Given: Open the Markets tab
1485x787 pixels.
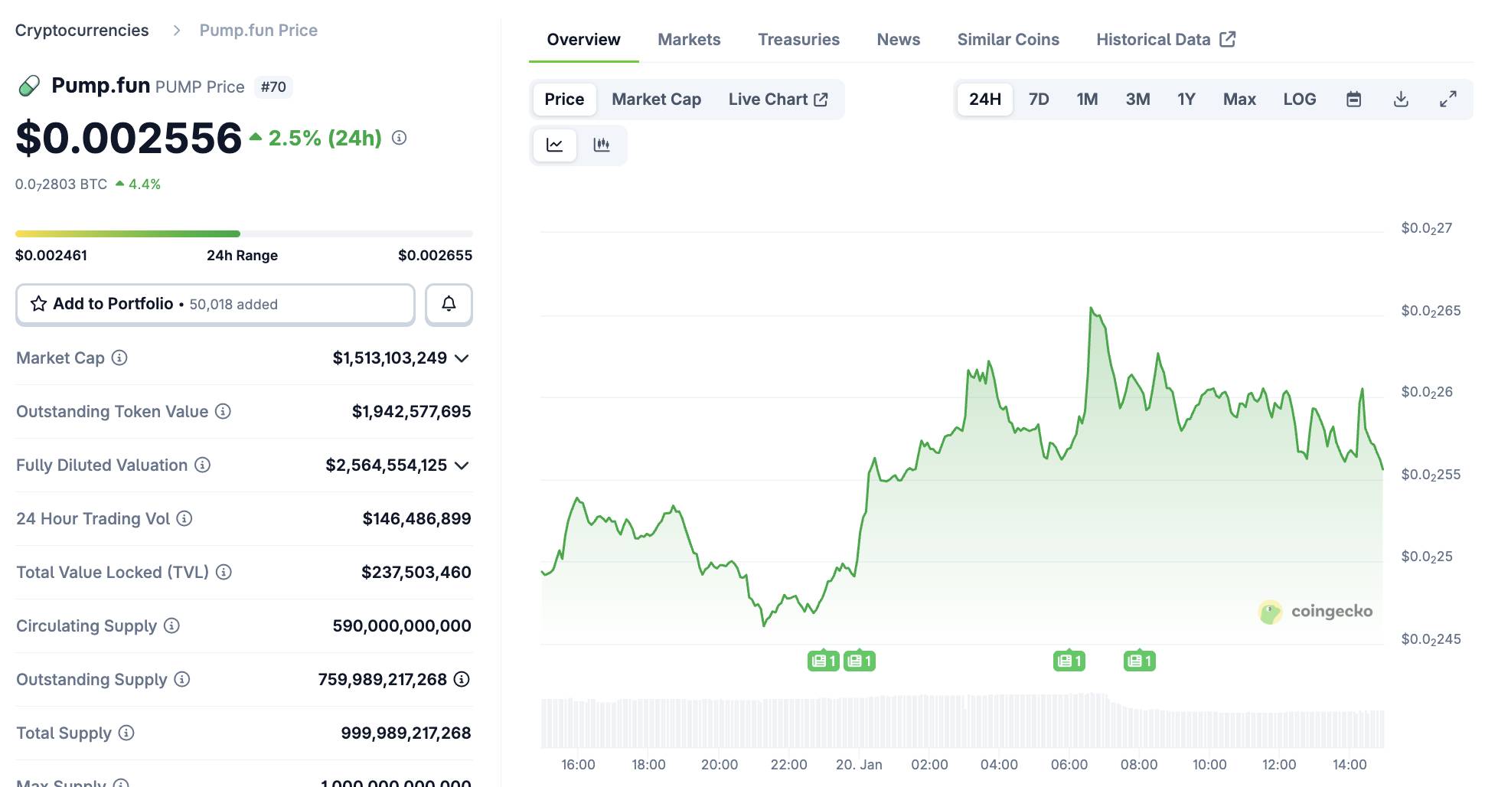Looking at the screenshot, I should click(689, 40).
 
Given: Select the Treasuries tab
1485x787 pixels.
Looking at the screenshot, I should click(798, 40).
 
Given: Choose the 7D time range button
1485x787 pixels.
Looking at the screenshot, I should click(1038, 100).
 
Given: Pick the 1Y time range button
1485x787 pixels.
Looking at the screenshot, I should click(1186, 100).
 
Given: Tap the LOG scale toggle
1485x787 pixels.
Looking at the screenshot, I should click(1299, 100).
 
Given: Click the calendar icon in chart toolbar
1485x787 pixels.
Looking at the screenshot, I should click(1353, 100).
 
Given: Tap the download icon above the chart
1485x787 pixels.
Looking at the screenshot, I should click(1401, 100).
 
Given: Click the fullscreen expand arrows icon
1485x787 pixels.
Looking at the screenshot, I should click(1447, 100).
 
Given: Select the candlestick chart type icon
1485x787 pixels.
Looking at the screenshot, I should click(602, 145).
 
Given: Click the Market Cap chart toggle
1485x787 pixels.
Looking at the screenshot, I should click(656, 100).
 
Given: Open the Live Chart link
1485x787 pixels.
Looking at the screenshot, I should click(778, 100).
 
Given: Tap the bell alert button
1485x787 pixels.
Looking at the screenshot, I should click(449, 304).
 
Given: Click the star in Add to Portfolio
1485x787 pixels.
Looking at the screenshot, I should click(39, 304).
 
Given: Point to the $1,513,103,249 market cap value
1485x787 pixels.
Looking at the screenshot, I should click(390, 358).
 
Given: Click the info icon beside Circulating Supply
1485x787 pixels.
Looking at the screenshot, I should click(172, 626).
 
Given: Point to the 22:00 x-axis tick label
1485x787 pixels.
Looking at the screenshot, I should click(788, 765).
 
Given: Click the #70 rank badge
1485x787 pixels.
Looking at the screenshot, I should click(273, 87).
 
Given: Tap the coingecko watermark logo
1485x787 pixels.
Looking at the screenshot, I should click(1271, 612).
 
